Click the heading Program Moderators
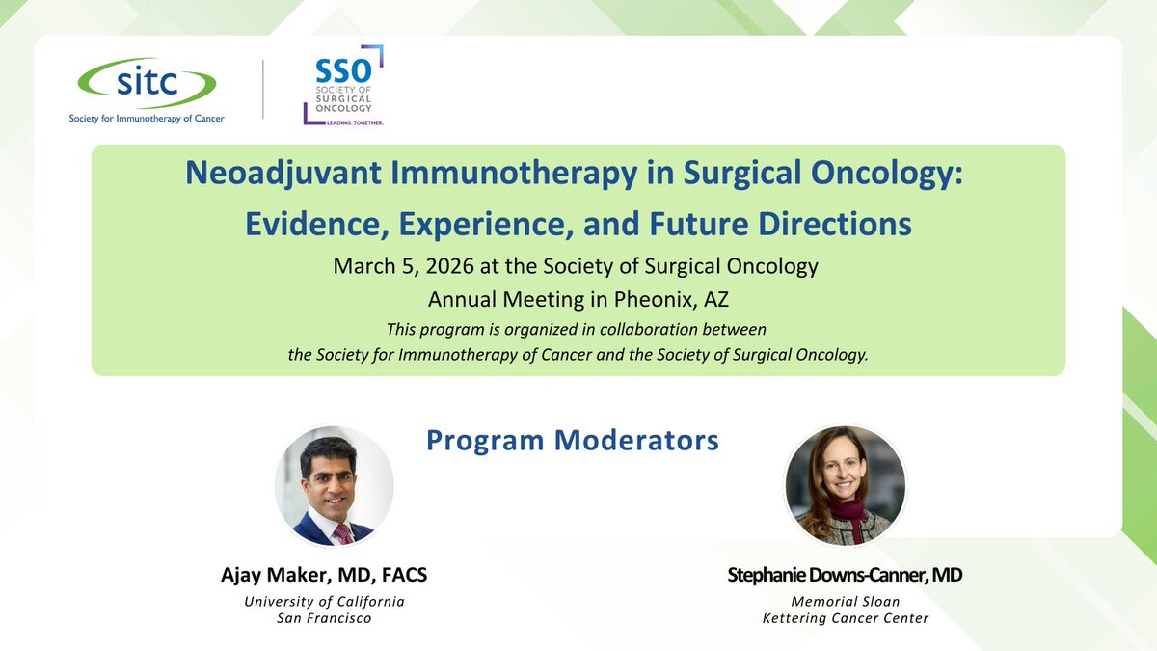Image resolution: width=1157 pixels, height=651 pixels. pyautogui.click(x=573, y=441)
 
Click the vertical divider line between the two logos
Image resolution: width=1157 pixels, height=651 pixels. pyautogui.click(x=264, y=90)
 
